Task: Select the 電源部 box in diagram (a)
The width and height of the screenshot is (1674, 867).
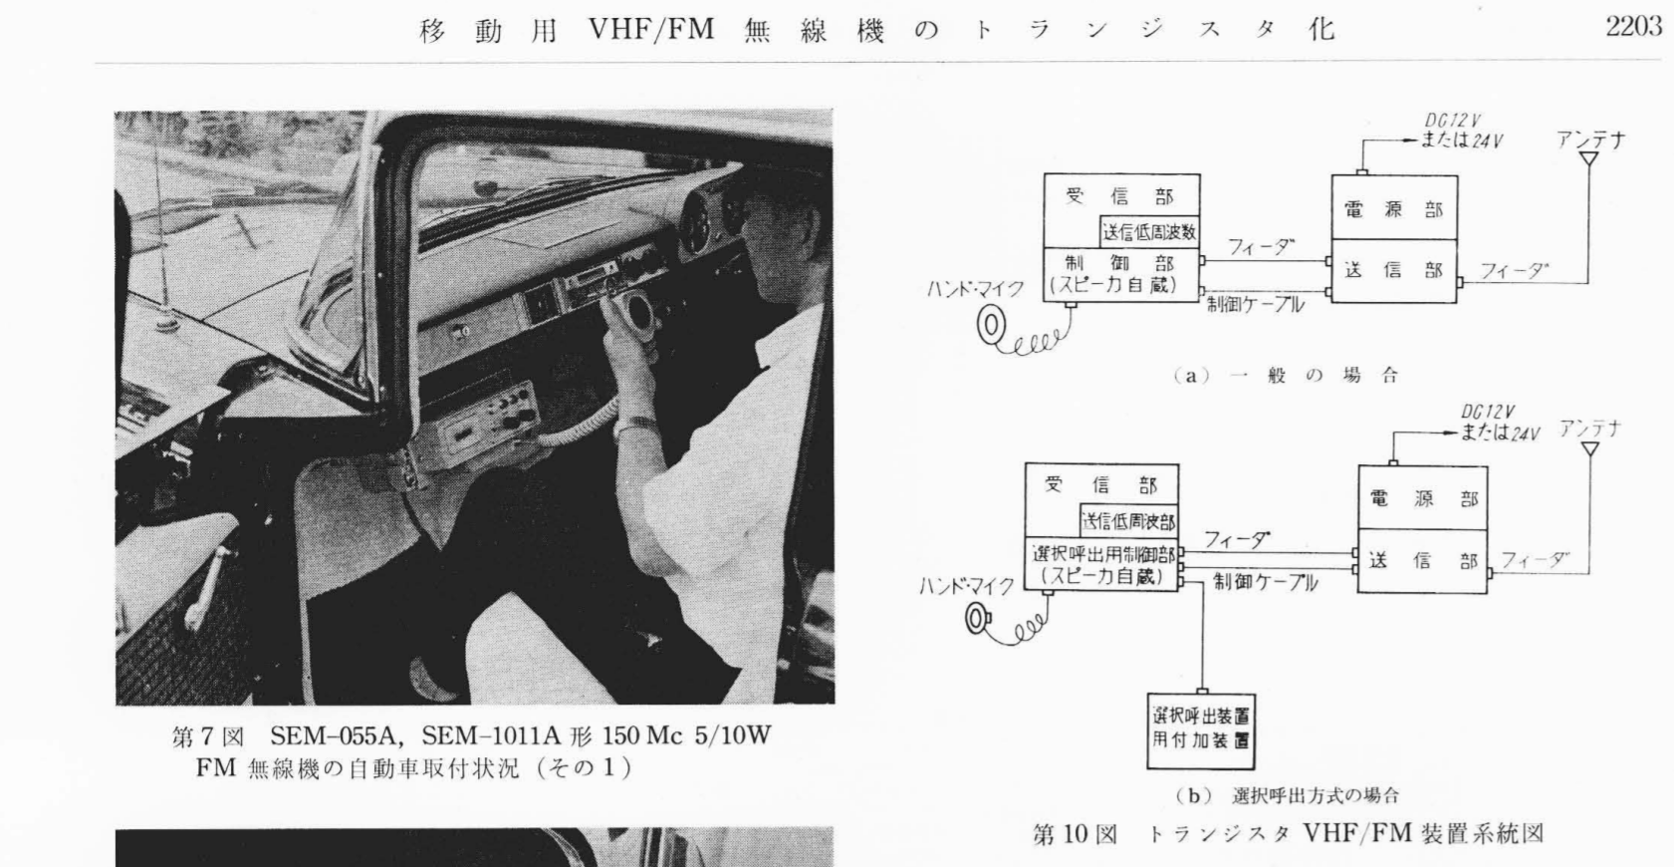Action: (1394, 208)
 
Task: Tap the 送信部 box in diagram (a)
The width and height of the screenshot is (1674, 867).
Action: (1394, 271)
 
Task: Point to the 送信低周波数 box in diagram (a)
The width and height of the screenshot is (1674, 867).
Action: (1149, 232)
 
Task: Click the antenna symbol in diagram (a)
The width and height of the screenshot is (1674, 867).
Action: (1588, 159)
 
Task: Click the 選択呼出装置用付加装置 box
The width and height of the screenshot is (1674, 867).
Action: (1201, 730)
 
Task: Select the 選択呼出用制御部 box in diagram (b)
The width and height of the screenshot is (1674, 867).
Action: (1102, 564)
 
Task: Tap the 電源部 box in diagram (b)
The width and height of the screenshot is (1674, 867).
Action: (1423, 497)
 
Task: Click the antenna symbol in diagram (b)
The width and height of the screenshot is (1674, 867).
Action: (1590, 448)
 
